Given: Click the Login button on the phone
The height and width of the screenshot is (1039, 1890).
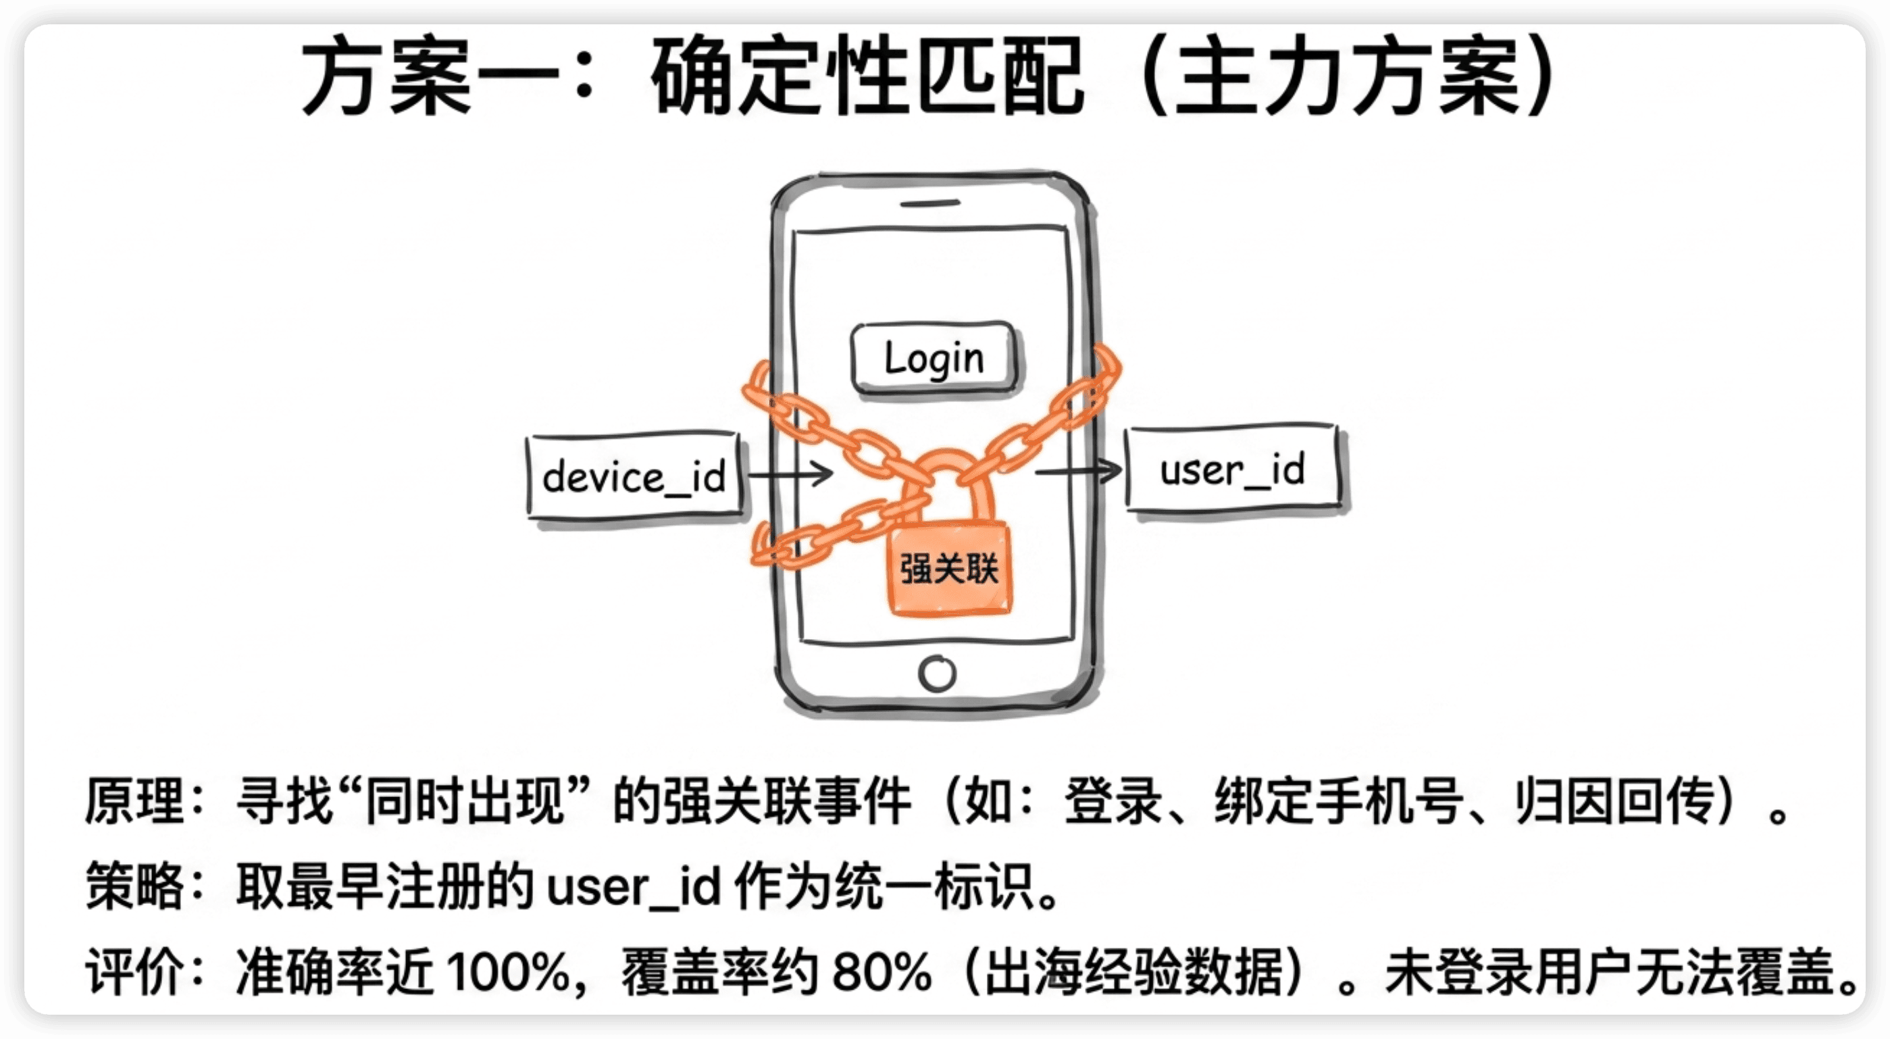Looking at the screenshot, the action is pos(934,359).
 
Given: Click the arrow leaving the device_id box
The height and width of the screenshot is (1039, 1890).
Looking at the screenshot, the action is pos(790,474).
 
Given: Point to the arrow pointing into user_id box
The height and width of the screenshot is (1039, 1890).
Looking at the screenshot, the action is pos(1079,470).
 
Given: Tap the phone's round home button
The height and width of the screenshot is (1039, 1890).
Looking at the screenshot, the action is pos(937,673).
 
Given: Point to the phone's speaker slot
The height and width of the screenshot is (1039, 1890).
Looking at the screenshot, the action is pos(929,203).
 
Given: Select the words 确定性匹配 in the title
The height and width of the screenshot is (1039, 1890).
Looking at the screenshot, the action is pos(867,76).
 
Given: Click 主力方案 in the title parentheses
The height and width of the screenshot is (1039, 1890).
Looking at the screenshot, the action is pos(1347,76).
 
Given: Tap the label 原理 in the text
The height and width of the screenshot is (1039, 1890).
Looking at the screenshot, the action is pos(134,801).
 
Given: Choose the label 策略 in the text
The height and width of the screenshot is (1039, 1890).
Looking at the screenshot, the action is pos(134,886).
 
